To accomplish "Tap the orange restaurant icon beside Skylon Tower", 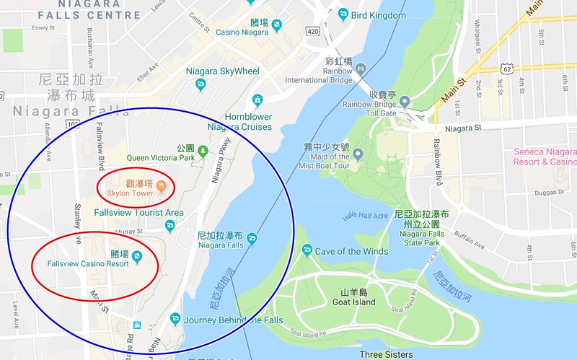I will [x=162, y=185].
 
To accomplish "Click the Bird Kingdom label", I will [x=379, y=14].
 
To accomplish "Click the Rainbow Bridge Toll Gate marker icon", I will [x=405, y=100].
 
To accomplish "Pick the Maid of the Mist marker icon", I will [x=358, y=152].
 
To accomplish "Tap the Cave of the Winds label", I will [x=351, y=251].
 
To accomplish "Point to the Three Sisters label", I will [x=386, y=354].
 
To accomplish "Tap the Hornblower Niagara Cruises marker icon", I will [x=257, y=100].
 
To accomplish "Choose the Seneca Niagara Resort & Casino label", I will [x=545, y=157].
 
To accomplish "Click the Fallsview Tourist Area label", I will [x=138, y=213].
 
